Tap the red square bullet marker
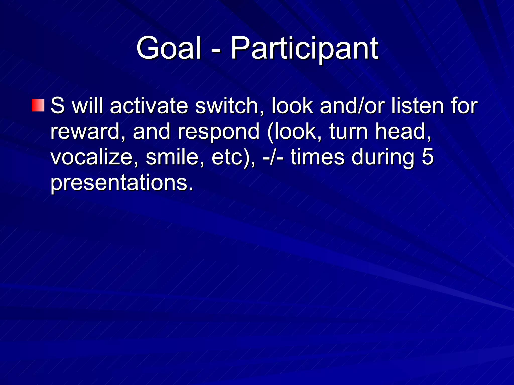point(38,105)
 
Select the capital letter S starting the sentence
point(57,106)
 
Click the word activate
point(149,106)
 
